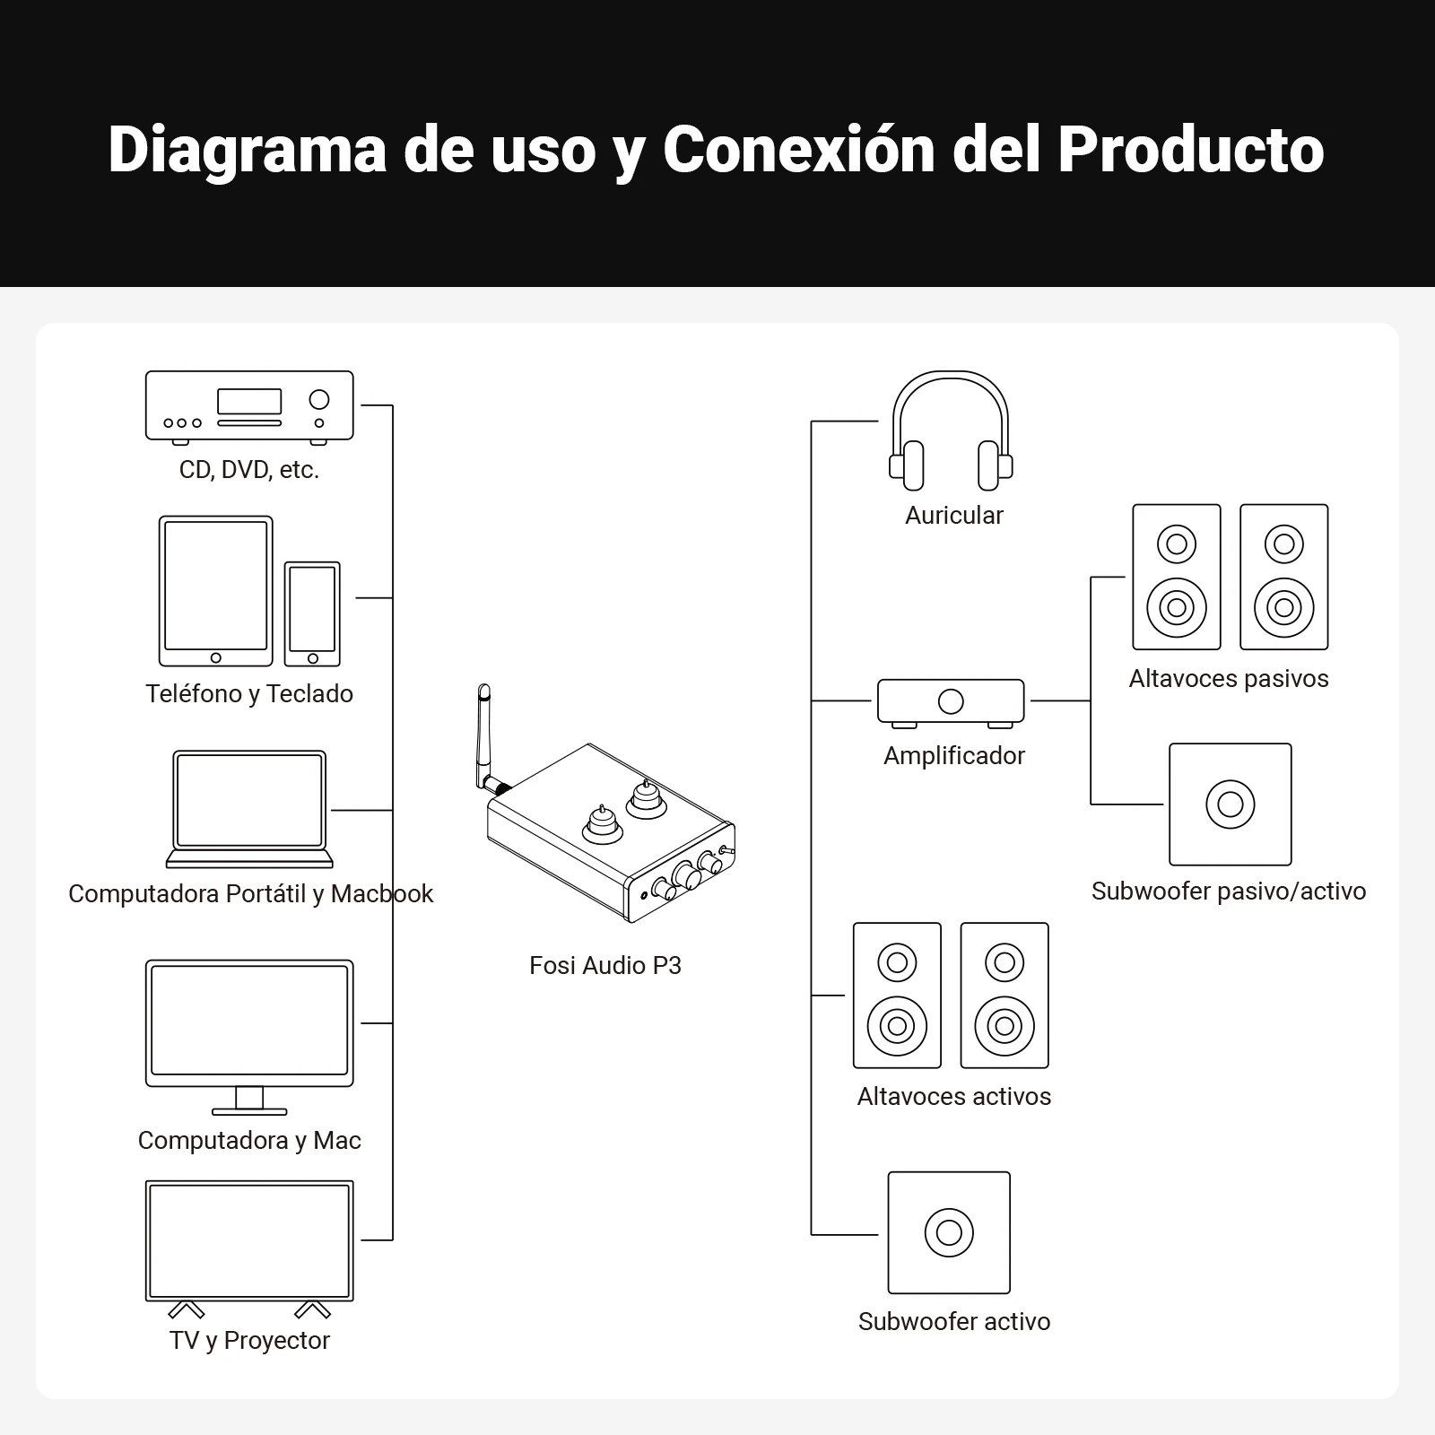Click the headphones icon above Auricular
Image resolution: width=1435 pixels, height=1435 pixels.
point(951,430)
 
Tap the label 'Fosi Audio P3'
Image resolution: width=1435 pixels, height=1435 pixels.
point(605,965)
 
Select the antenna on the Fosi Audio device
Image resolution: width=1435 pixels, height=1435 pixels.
point(485,731)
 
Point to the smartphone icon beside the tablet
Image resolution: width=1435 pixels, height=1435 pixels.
point(312,614)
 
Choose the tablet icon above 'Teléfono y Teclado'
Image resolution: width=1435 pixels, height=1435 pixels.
point(215,591)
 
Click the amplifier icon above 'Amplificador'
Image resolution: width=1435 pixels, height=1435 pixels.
point(951,701)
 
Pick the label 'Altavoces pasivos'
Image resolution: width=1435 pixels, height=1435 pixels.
point(1229,678)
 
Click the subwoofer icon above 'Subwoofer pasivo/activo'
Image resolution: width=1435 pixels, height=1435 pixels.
point(1230,804)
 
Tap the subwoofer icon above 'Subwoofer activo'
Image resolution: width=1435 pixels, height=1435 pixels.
point(949,1232)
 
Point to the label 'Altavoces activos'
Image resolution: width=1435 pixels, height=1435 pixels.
point(953,1096)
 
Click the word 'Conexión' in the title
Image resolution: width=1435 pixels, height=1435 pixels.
point(798,149)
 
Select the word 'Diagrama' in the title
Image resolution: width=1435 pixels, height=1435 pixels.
point(247,149)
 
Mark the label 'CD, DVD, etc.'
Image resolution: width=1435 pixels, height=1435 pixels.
point(249,469)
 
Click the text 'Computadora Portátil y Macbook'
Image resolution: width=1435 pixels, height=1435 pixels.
point(250,893)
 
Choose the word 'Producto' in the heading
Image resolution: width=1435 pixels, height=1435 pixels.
point(1191,149)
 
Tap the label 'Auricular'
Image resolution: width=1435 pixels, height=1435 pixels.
point(953,515)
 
